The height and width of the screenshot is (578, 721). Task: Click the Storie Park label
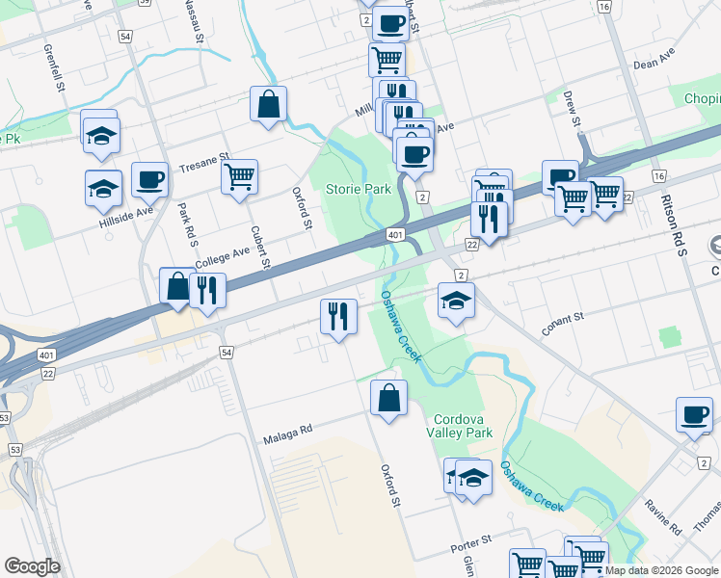pos(358,189)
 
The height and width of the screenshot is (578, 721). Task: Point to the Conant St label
pos(563,323)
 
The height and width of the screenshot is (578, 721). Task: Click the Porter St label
pos(471,545)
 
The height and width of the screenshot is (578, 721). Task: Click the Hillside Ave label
pos(125,213)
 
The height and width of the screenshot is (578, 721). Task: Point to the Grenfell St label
pos(52,66)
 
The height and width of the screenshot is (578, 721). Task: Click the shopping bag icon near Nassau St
pos(269,103)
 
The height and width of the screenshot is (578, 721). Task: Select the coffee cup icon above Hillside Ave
pos(149,178)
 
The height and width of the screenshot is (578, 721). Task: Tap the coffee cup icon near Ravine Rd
pos(694,414)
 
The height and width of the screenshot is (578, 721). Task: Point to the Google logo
pos(33,567)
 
